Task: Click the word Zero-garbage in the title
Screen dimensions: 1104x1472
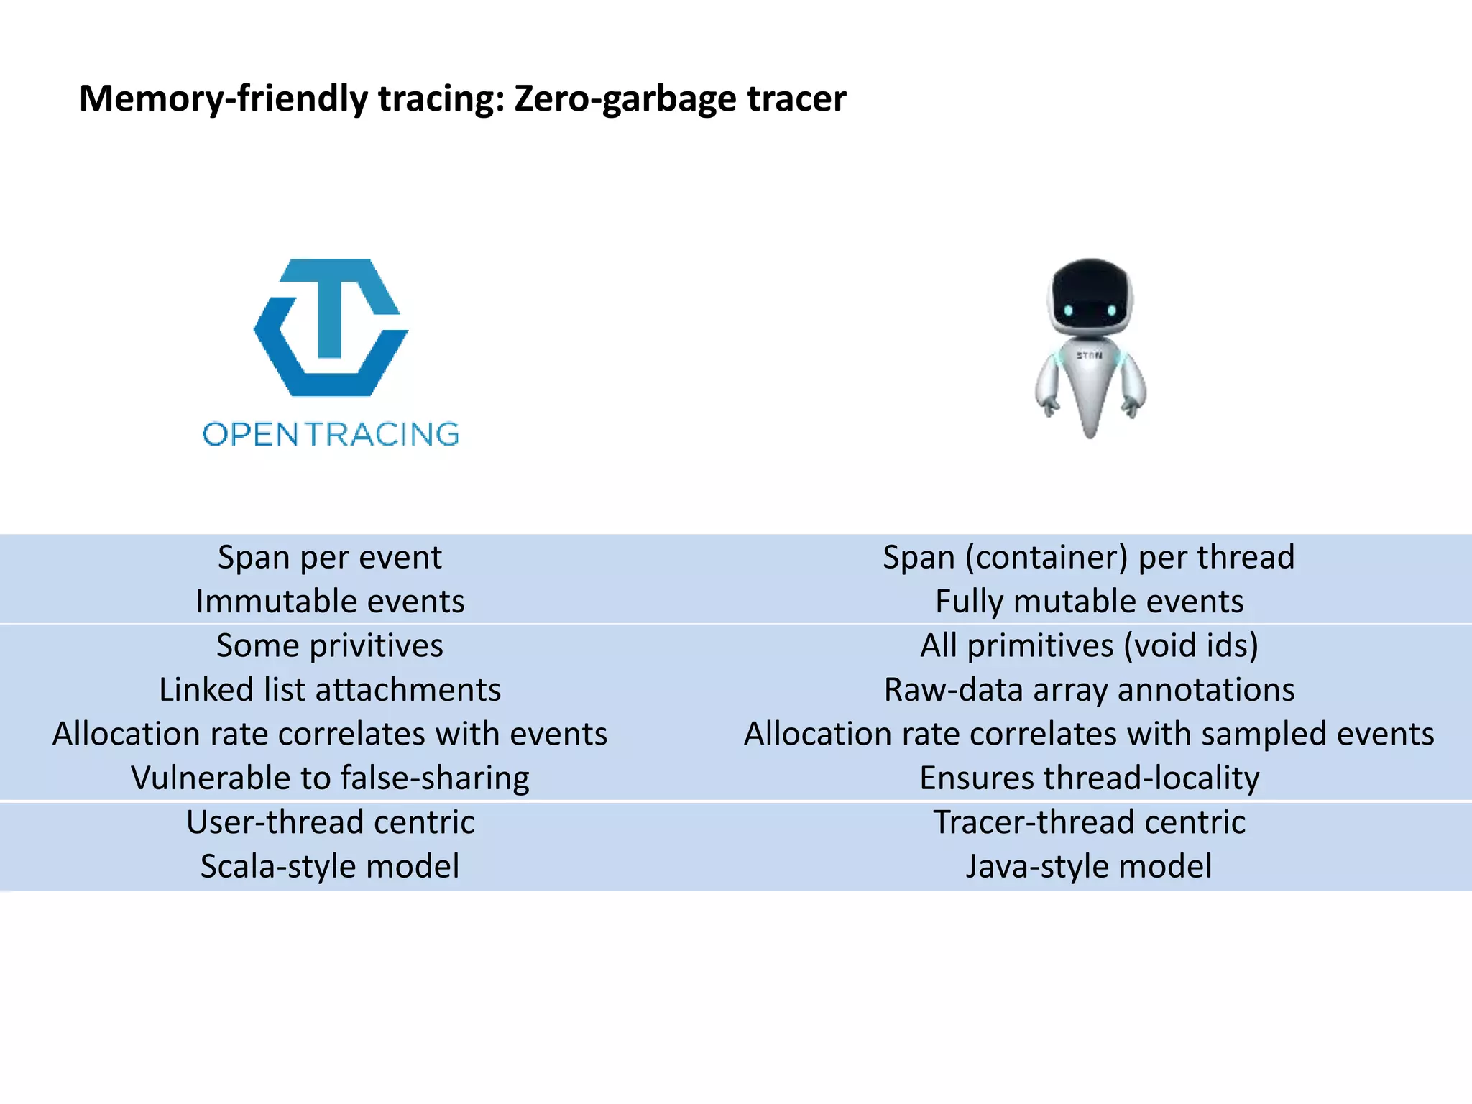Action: coord(624,99)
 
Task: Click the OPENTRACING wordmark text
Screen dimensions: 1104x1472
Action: coord(331,434)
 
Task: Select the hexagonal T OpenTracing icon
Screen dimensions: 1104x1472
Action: coord(331,328)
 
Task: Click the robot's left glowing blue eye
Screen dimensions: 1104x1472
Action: coord(1069,310)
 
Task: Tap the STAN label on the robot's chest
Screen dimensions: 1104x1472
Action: coord(1089,356)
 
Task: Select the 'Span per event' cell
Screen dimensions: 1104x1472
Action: coord(330,557)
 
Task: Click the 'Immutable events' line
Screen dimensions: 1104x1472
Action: coord(330,602)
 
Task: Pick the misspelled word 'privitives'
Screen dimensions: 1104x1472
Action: coord(376,645)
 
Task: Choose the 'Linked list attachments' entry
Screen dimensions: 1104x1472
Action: coord(330,690)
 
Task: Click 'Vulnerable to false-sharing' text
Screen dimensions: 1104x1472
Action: coord(330,778)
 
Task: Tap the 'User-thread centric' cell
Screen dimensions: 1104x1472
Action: coord(330,822)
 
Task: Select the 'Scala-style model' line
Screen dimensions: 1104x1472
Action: coord(330,867)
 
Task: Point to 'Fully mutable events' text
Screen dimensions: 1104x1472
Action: coord(1089,602)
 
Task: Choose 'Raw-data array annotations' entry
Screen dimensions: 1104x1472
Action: coord(1089,690)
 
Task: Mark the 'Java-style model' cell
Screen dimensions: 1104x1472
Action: coord(1089,867)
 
